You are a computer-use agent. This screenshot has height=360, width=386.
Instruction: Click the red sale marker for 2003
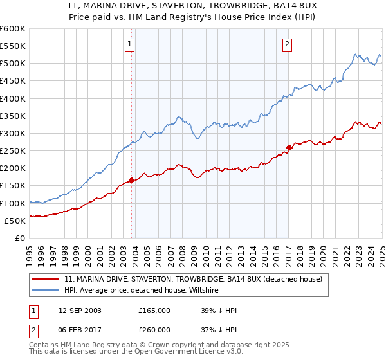click(x=132, y=181)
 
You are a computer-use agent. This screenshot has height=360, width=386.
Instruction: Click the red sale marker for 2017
click(x=289, y=147)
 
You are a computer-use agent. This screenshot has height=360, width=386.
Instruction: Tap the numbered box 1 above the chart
click(x=130, y=44)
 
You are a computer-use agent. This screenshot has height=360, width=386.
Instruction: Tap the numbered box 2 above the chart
click(x=287, y=44)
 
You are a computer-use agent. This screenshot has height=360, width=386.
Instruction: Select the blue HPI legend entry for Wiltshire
click(x=142, y=291)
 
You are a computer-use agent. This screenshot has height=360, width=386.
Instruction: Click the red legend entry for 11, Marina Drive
click(x=197, y=279)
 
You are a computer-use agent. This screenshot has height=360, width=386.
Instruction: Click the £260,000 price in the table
click(x=154, y=328)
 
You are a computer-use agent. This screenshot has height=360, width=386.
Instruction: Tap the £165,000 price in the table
click(x=154, y=310)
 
